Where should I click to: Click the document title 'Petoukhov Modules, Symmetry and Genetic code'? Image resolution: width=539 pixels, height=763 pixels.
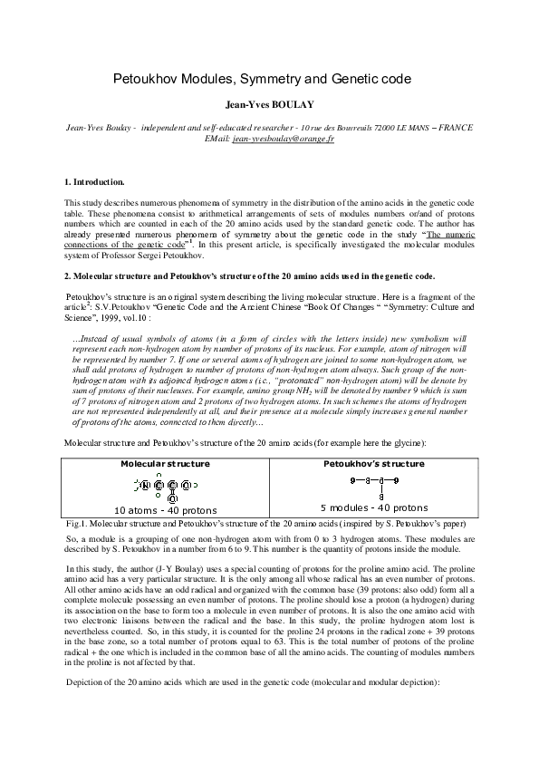point(268,80)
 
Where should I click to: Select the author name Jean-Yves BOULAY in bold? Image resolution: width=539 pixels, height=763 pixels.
point(268,104)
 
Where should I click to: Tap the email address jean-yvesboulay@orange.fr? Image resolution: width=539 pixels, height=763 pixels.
point(284,140)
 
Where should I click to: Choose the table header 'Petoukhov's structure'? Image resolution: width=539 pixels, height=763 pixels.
point(374,463)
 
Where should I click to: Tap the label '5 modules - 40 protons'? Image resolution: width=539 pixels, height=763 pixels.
point(374,507)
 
